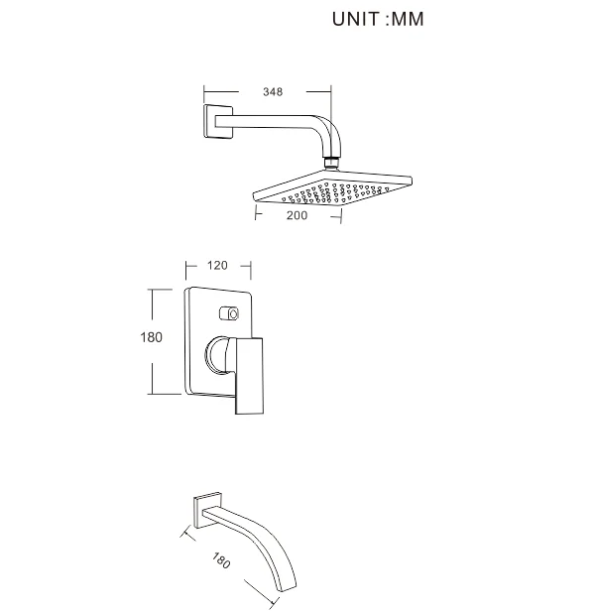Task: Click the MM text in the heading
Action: (x=407, y=19)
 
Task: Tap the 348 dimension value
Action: (x=273, y=92)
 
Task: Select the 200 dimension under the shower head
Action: (x=297, y=214)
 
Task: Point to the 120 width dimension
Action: (x=217, y=266)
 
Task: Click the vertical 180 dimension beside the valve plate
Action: (x=151, y=337)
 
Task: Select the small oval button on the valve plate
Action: (x=232, y=314)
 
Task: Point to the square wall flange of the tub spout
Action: (x=207, y=511)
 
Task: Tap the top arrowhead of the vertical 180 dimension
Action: (x=151, y=290)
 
